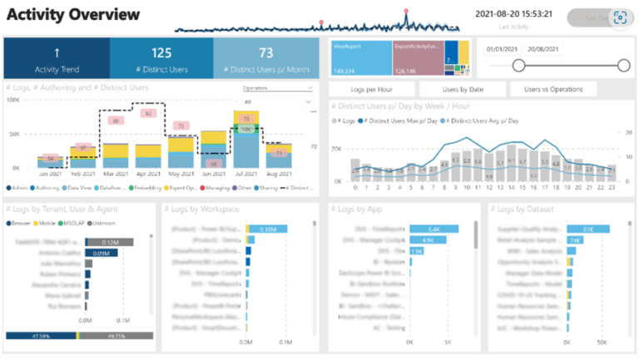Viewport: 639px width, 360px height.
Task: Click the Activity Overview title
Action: pyautogui.click(x=73, y=16)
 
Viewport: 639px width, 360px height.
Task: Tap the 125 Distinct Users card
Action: pyautogui.click(x=161, y=57)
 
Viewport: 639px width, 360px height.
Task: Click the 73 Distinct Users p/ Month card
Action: pyautogui.click(x=266, y=57)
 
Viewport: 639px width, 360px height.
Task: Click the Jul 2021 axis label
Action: pyautogui.click(x=245, y=175)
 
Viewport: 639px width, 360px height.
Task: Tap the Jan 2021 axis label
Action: pyautogui.click(x=51, y=175)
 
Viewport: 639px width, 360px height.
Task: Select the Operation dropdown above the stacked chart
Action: pyautogui.click(x=278, y=87)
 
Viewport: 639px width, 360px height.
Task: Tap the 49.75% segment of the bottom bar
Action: pyautogui.click(x=116, y=336)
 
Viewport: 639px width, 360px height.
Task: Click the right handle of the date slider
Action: pyautogui.click(x=624, y=66)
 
